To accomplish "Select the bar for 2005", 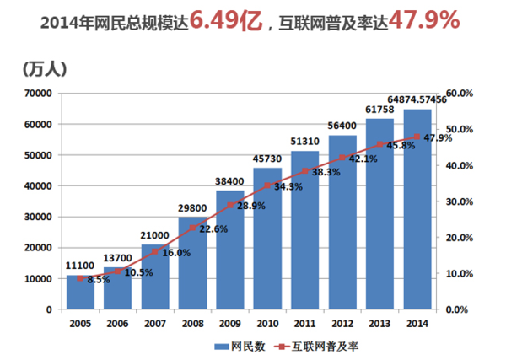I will [81, 292].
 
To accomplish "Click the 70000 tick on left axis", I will [39, 94].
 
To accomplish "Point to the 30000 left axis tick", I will [39, 217].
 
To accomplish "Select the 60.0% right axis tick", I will [459, 94].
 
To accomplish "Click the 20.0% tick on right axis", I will [459, 238].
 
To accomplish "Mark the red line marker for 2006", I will [118, 271].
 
